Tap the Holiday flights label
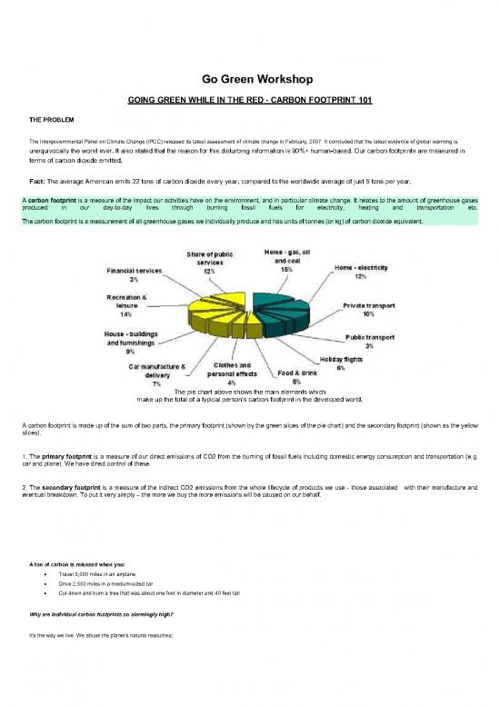pyautogui.click(x=342, y=363)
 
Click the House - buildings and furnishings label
pyautogui.click(x=132, y=342)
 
